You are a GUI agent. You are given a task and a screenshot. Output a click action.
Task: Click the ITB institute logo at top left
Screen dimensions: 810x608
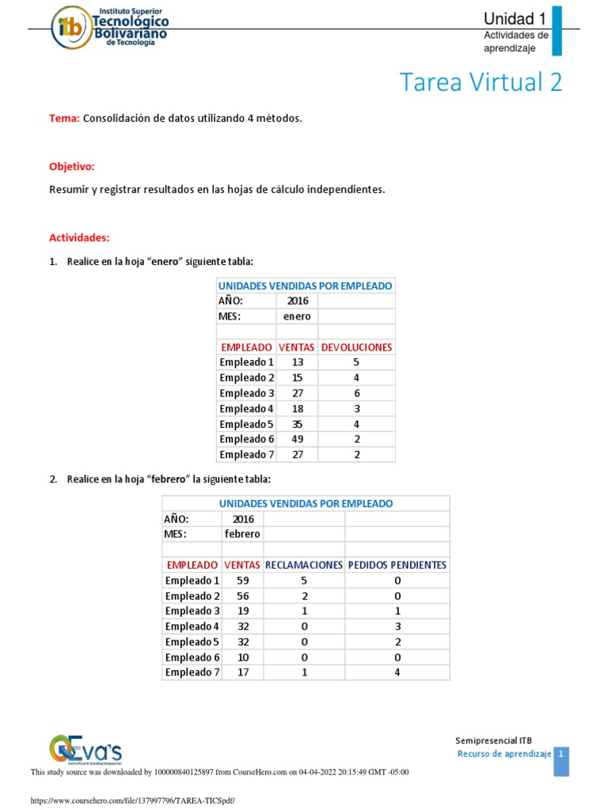click(111, 28)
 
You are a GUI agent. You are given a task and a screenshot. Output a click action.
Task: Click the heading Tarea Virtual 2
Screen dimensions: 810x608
click(481, 82)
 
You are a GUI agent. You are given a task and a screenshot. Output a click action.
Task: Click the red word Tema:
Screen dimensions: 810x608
click(64, 118)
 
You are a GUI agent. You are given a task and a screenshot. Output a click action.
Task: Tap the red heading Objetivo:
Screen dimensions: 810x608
click(72, 167)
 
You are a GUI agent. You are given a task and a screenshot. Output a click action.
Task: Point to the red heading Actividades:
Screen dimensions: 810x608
click(79, 237)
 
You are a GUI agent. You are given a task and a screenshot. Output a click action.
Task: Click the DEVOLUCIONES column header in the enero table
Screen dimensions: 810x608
click(356, 346)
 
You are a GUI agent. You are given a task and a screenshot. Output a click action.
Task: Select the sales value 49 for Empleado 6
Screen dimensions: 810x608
click(297, 439)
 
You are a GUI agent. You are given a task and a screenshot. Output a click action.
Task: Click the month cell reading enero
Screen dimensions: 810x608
click(297, 316)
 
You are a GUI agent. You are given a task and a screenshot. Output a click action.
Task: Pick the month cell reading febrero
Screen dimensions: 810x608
click(242, 534)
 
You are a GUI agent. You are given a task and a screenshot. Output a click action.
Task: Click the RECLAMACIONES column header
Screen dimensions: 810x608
click(304, 565)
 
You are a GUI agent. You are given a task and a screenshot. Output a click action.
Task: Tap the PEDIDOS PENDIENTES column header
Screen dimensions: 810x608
click(397, 565)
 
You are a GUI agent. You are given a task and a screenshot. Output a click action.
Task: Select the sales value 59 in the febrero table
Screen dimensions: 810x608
click(242, 581)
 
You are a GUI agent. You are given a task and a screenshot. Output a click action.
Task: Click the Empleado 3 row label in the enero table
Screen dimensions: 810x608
click(247, 393)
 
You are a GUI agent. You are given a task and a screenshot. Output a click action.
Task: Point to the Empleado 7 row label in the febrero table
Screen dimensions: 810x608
click(192, 672)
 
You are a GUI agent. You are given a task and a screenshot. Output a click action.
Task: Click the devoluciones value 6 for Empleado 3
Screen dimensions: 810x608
click(356, 393)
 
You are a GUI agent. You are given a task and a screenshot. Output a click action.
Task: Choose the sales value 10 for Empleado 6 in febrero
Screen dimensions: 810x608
click(242, 657)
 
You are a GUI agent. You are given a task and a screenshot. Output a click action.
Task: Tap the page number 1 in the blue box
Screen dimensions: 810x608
click(561, 755)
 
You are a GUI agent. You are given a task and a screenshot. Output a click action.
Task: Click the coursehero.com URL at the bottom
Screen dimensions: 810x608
click(132, 801)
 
